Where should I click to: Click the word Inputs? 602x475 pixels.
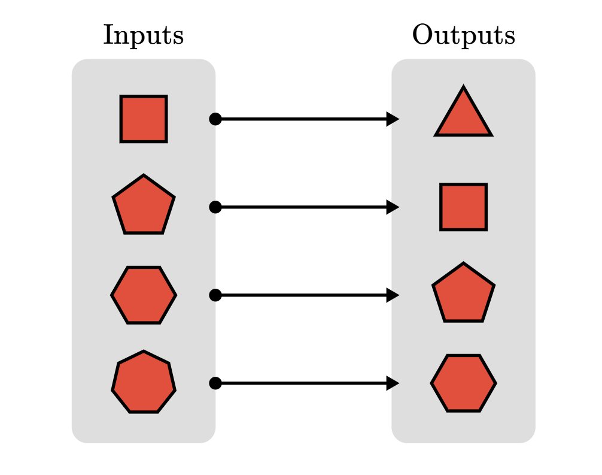(x=143, y=36)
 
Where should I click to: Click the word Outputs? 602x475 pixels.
(x=463, y=36)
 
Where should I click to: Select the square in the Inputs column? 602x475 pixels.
(x=144, y=119)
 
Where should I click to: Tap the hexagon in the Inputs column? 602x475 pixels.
(x=144, y=295)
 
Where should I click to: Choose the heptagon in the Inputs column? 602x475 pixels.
(x=144, y=382)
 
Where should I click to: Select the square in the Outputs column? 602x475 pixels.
(x=463, y=207)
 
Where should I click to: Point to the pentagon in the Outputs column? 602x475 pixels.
(x=463, y=294)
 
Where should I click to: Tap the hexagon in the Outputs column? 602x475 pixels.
(x=463, y=383)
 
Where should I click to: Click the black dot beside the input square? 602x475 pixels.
(x=215, y=119)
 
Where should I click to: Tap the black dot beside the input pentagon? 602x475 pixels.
(x=215, y=207)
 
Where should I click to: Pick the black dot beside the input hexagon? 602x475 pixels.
(x=215, y=295)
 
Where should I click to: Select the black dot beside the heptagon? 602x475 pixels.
(x=215, y=383)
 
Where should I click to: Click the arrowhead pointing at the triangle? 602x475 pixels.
(x=393, y=119)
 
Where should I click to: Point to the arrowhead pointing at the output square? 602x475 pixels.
(x=393, y=207)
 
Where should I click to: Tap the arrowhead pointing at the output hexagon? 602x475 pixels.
(x=393, y=383)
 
